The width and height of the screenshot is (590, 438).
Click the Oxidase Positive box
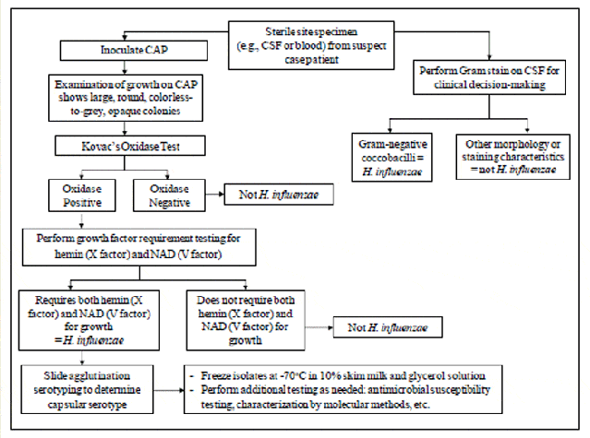point(80,195)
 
